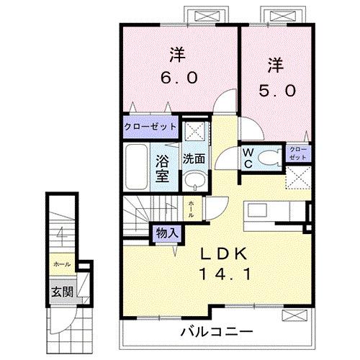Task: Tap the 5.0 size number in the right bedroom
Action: tap(276, 91)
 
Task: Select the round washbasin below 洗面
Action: tap(192, 181)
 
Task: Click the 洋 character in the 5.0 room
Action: tap(276, 66)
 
